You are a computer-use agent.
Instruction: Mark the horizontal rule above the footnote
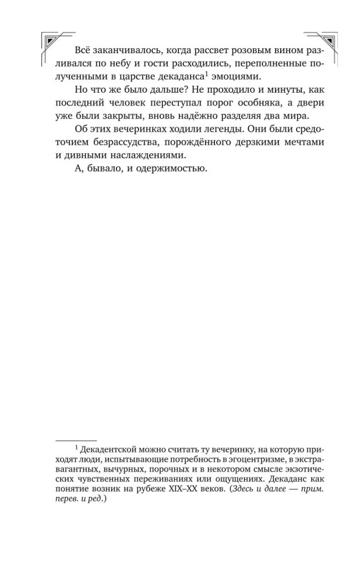point(75,440)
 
